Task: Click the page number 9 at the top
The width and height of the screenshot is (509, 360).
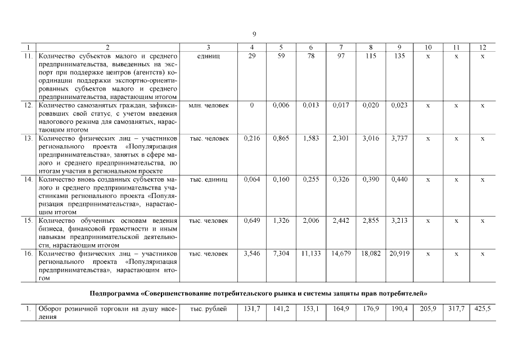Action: click(254, 34)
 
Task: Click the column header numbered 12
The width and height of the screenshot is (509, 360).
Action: click(483, 48)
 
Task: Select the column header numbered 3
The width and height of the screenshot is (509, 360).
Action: click(208, 48)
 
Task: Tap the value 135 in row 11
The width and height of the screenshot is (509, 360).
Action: click(399, 56)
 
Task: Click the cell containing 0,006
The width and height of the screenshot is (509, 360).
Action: click(281, 105)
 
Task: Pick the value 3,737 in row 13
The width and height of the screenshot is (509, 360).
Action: click(399, 138)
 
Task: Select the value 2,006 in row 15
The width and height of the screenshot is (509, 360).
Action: click(310, 220)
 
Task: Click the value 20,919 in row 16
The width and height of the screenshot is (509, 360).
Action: click(399, 254)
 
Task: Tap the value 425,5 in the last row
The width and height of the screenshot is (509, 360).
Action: click(483, 309)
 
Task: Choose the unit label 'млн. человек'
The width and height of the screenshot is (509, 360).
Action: click(208, 105)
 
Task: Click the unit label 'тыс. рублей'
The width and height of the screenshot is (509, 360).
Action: click(208, 309)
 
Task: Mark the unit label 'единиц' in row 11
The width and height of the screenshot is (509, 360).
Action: click(208, 56)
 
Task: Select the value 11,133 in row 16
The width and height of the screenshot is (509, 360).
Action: click(310, 254)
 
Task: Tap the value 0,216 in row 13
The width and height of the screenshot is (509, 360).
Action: click(251, 138)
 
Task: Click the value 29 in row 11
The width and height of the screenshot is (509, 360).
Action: click(251, 56)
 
